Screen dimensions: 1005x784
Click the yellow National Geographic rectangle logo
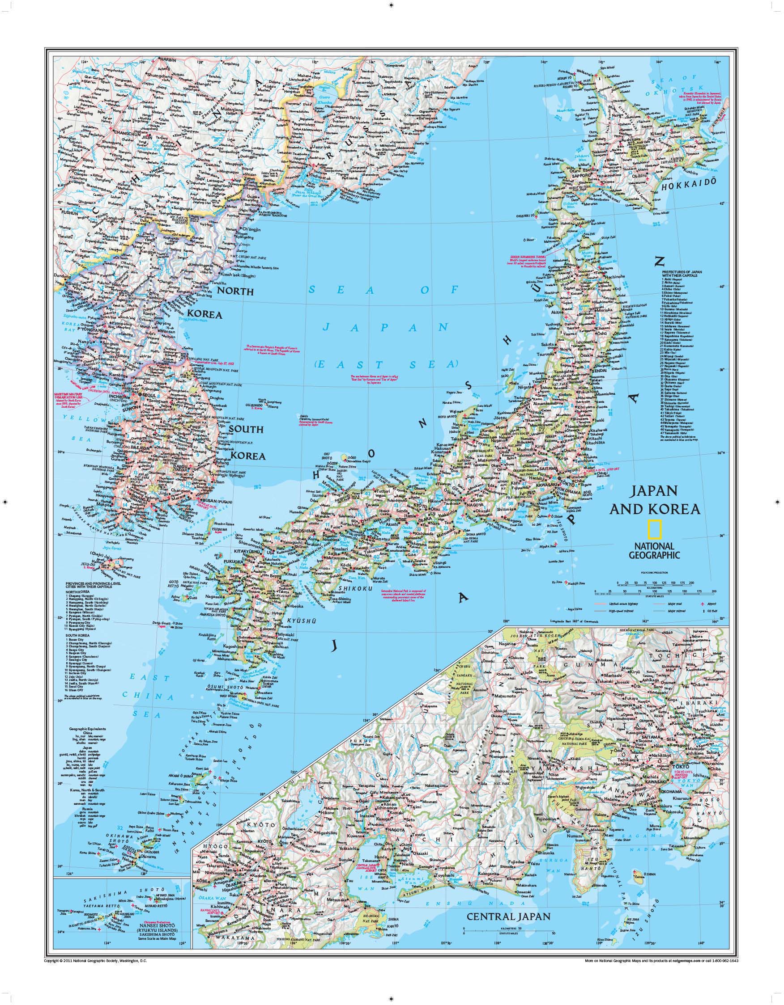(655, 529)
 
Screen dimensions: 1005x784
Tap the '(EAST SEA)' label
(386, 363)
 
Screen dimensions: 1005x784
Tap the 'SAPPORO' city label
(582, 175)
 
